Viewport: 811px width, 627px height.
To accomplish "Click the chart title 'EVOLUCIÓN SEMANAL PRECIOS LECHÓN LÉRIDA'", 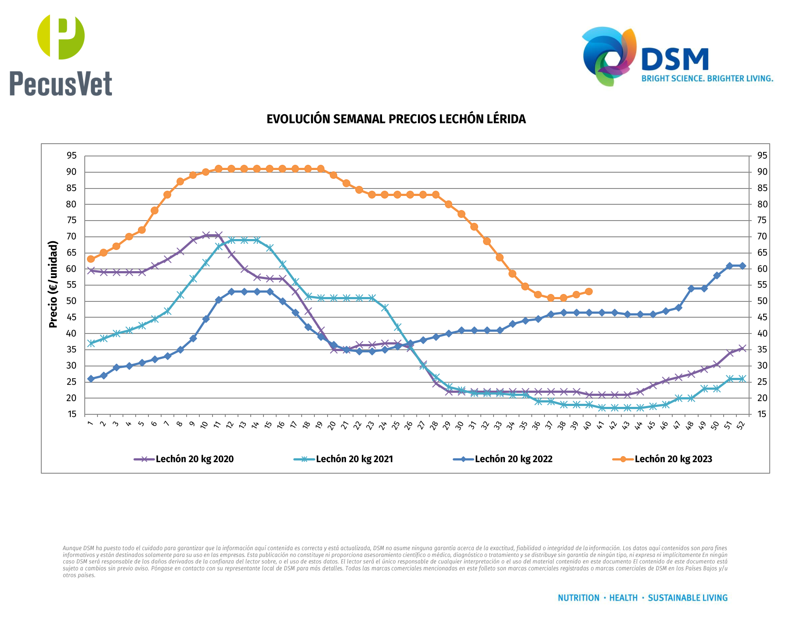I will (x=396, y=119).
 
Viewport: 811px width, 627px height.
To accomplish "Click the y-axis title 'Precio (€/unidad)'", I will (x=53, y=284).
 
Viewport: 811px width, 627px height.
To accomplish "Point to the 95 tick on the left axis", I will (x=72, y=156).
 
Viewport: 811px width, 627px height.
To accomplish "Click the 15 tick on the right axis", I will (x=762, y=414).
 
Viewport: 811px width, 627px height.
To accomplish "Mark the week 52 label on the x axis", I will (x=741, y=425).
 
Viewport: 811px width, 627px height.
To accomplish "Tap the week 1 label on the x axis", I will (x=90, y=424).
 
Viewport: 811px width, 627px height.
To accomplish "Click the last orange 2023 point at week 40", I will (x=589, y=292).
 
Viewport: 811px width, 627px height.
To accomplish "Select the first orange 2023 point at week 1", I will (x=91, y=259).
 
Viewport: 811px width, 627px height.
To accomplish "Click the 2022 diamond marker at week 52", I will (x=743, y=266).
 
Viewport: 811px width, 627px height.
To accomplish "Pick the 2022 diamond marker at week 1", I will (x=91, y=379).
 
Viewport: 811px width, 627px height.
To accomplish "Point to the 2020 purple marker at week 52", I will (x=743, y=348).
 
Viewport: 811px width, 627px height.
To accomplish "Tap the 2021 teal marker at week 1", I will (x=91, y=343).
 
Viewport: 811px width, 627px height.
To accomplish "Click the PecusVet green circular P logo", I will (x=61, y=36).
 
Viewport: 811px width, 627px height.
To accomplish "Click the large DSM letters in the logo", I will (x=675, y=59).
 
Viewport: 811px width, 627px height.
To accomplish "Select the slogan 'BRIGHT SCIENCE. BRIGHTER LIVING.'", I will (x=707, y=79).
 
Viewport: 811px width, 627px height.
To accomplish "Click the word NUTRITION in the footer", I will (x=578, y=598).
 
